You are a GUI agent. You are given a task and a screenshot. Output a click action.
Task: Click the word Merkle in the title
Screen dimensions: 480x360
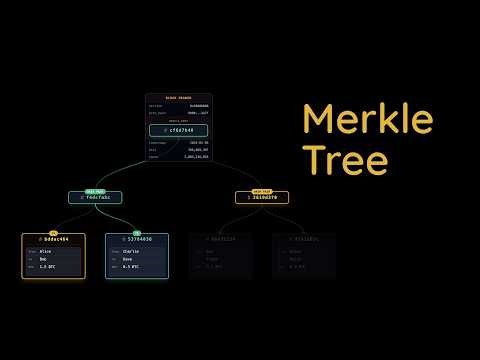(x=367, y=120)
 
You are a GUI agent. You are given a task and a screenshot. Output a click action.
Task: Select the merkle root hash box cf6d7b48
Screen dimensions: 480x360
(x=179, y=130)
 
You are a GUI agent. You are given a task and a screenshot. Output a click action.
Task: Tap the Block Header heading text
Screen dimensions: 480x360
(x=179, y=98)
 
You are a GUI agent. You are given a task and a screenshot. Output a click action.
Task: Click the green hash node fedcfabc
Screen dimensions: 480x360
(x=96, y=198)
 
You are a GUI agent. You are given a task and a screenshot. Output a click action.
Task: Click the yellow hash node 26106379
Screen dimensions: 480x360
(x=262, y=198)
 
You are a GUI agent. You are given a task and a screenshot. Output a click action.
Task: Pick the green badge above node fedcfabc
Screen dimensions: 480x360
(x=95, y=190)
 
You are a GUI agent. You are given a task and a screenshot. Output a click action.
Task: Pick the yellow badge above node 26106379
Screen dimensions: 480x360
(x=262, y=190)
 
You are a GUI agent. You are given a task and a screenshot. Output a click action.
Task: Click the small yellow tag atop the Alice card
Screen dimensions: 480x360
(x=53, y=233)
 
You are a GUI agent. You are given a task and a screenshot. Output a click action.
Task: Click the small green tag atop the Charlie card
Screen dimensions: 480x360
(x=137, y=233)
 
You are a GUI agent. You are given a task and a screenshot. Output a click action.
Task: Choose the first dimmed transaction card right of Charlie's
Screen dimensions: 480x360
(x=220, y=255)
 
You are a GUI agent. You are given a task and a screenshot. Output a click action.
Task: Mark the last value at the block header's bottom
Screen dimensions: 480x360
(x=195, y=157)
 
